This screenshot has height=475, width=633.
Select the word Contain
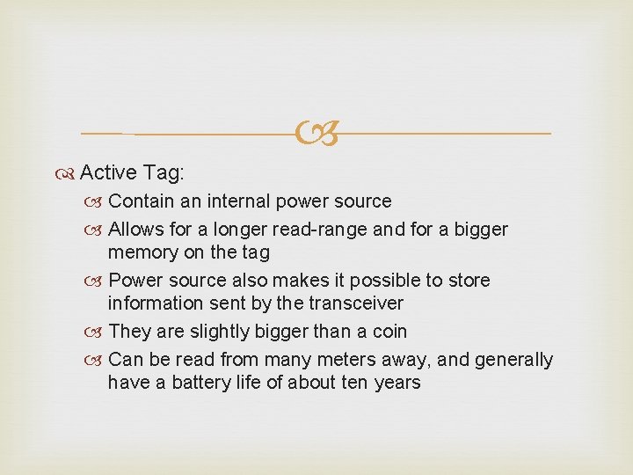(x=143, y=201)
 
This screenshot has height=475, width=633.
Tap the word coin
(x=389, y=332)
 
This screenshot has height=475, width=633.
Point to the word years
(x=398, y=383)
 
